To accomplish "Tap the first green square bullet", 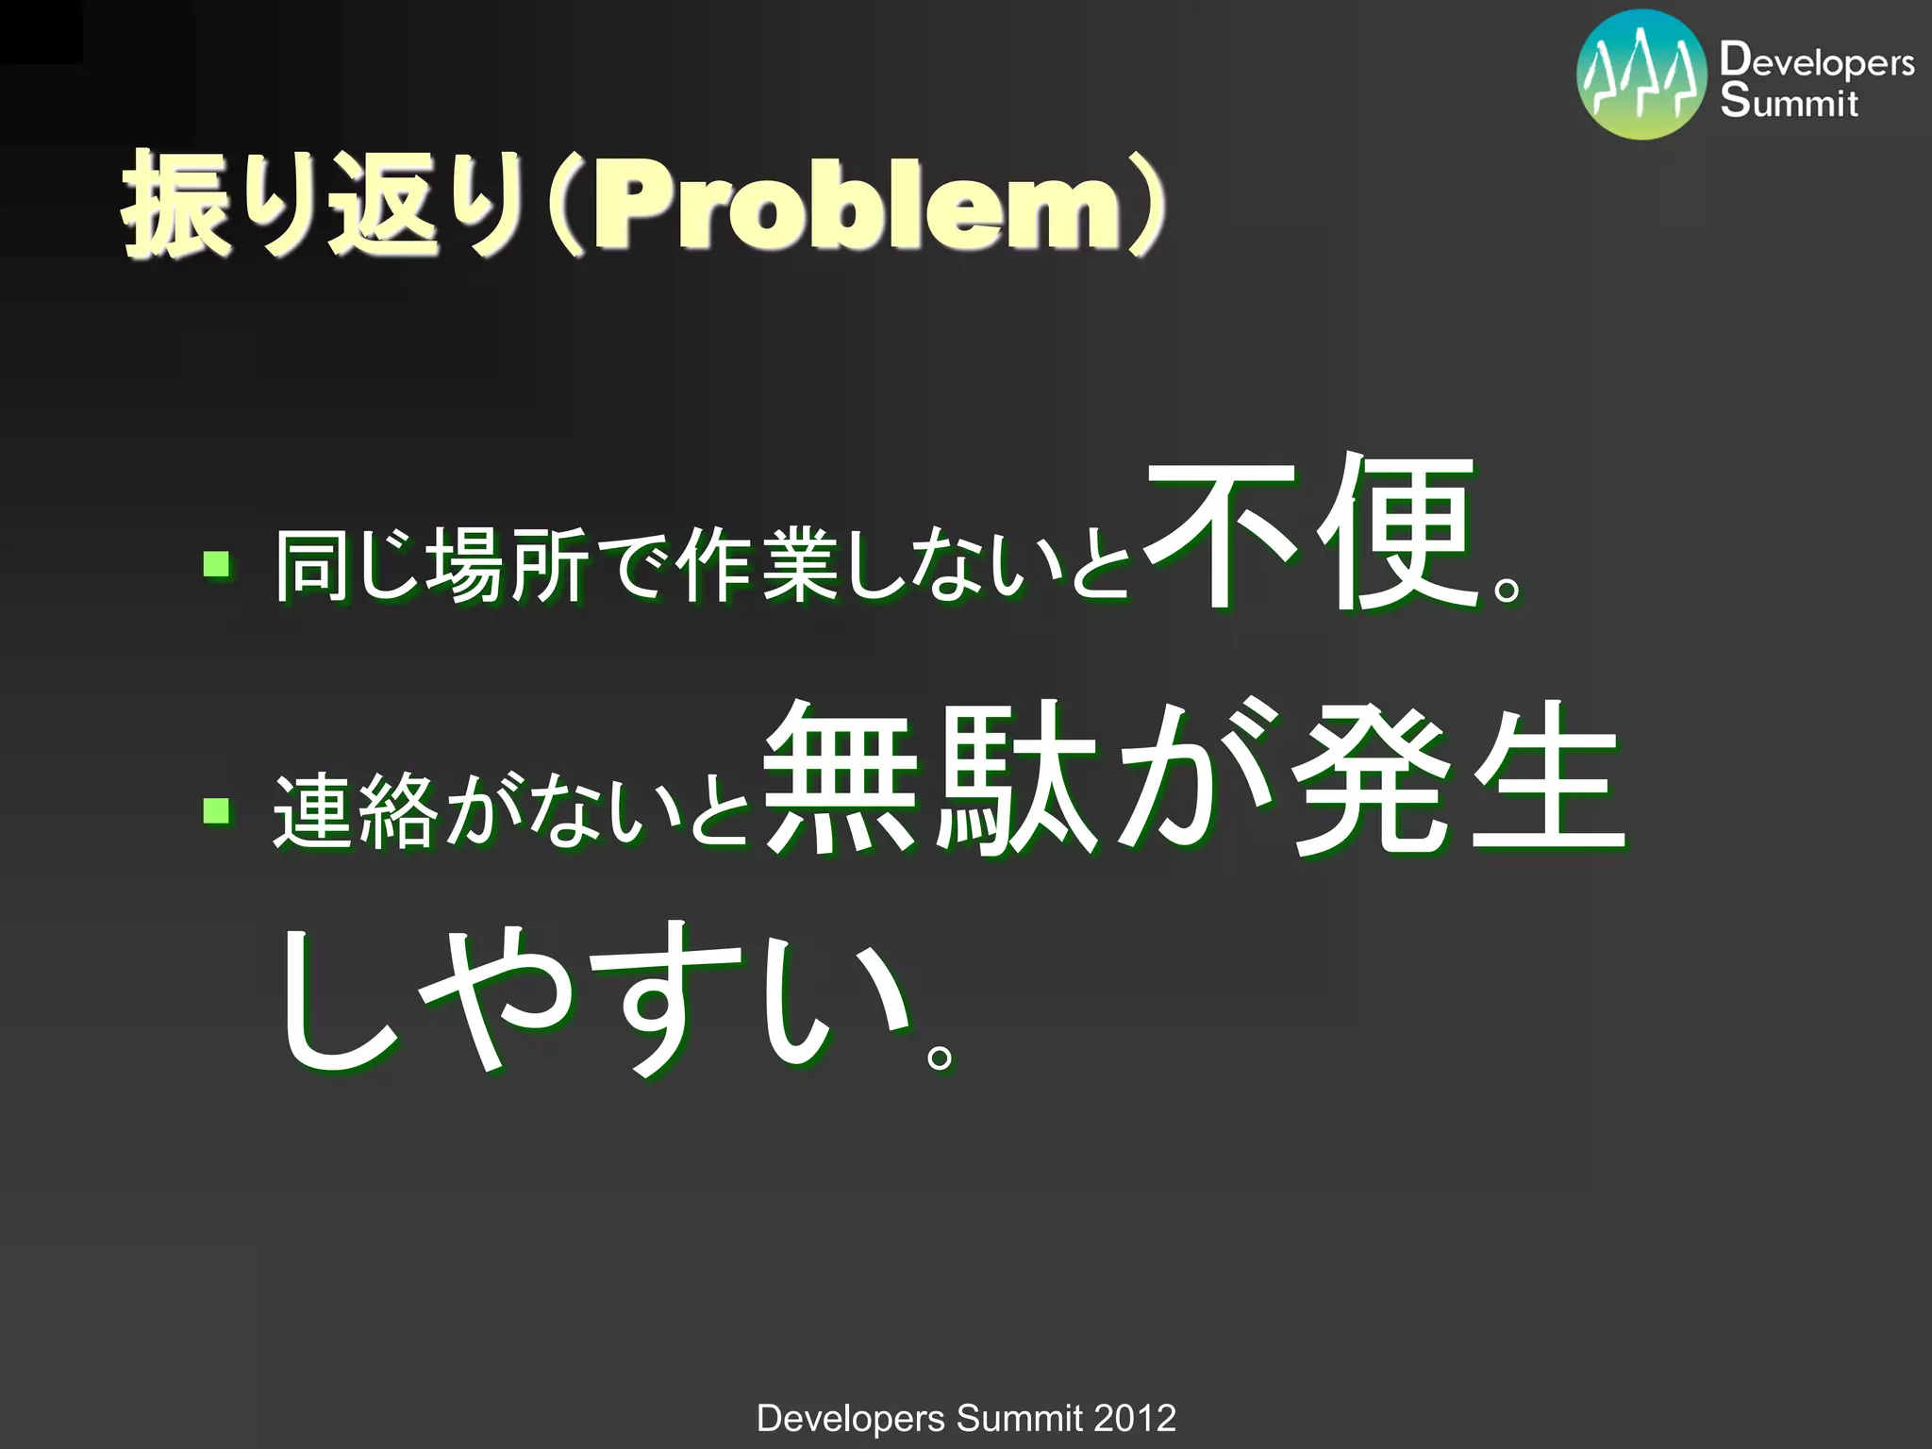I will [x=217, y=564].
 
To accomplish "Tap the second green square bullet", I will [x=217, y=808].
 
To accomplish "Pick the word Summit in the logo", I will [x=1789, y=102].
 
